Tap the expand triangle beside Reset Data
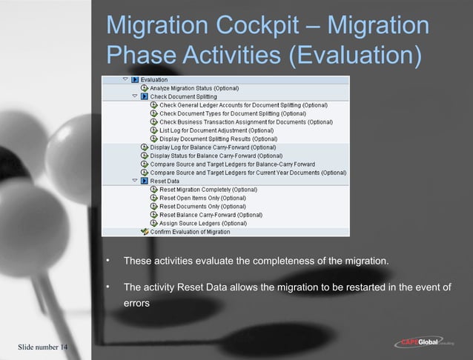[x=134, y=181]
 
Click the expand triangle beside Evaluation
[x=123, y=79]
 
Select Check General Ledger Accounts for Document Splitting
[x=243, y=105]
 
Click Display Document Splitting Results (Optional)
[x=218, y=139]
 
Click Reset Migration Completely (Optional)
[x=208, y=190]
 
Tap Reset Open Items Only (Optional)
[x=202, y=198]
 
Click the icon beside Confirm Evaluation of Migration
[x=145, y=231]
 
